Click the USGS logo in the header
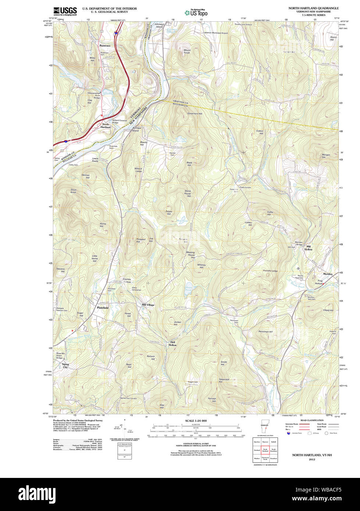pos(65,11)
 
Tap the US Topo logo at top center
pos(196,12)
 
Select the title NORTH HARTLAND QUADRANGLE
pos(314,8)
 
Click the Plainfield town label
pos(103,307)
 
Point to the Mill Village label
pos(148,305)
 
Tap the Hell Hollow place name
pos(172,344)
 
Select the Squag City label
pos(65,365)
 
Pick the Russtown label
pos(104,46)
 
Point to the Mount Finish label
pos(187,51)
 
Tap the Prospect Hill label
pos(141,240)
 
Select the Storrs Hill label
pos(333,38)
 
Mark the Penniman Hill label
pos(265,332)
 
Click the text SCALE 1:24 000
pos(196,421)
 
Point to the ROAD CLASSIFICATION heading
pos(312,420)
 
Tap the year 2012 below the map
pos(312,459)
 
